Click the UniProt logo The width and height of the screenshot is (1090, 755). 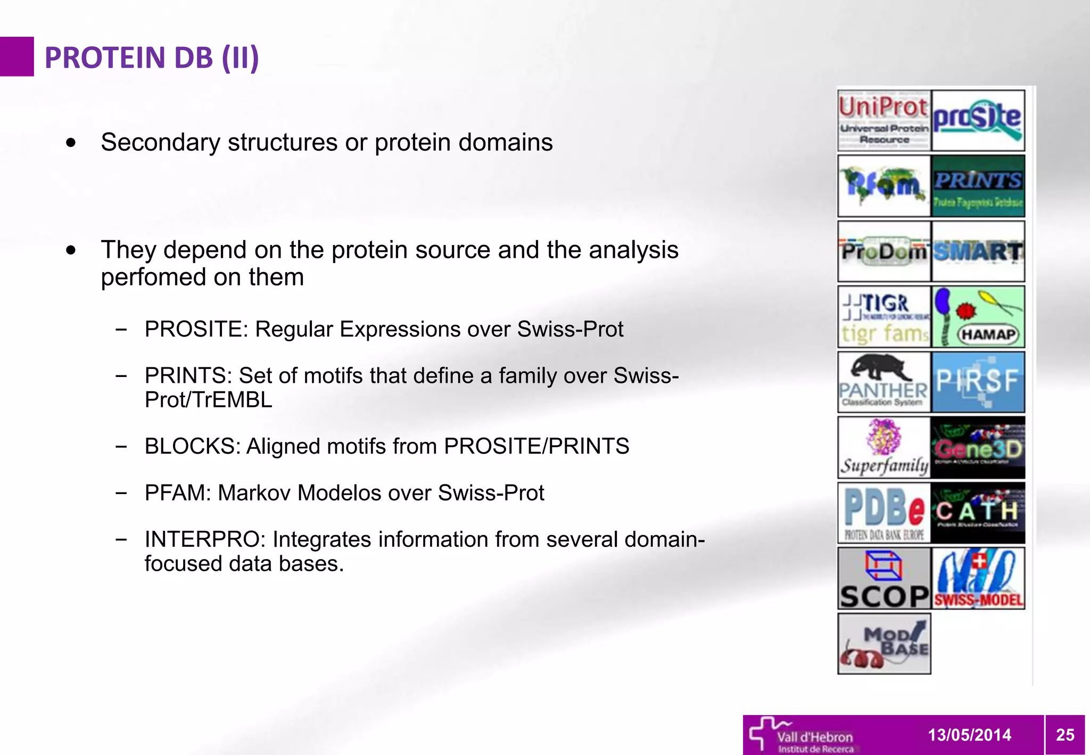(x=884, y=120)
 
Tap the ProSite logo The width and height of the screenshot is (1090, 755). (x=978, y=120)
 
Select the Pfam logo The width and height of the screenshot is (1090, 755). (x=884, y=186)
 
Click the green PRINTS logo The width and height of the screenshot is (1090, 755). (x=978, y=186)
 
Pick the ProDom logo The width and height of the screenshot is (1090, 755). (x=884, y=251)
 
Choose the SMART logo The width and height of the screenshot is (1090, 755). (x=978, y=251)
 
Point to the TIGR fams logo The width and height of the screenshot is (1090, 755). (x=884, y=317)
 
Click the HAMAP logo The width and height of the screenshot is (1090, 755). (x=978, y=317)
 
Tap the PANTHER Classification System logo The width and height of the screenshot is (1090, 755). (x=884, y=382)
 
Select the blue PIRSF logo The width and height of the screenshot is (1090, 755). (x=978, y=382)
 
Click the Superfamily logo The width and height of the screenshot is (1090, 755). (x=884, y=448)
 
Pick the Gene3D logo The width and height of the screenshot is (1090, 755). (x=978, y=448)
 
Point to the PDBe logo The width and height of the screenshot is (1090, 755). (x=884, y=513)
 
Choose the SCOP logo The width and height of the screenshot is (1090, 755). (x=884, y=578)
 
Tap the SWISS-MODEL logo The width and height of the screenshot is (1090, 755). (x=978, y=578)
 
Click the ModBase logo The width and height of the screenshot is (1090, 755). (x=884, y=644)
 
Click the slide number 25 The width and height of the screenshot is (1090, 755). (x=1065, y=735)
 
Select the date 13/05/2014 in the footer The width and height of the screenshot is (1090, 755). (x=969, y=735)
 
